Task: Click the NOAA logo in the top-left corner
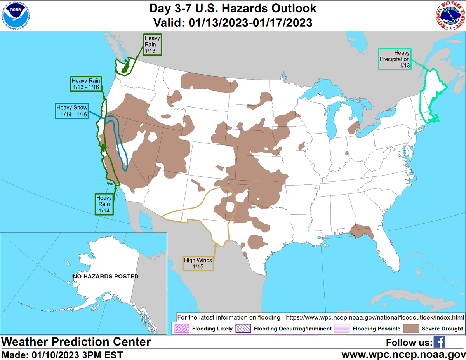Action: pos(16,16)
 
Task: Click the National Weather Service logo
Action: pos(449,16)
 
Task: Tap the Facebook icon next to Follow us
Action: pos(439,342)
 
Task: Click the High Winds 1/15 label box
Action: pos(198,263)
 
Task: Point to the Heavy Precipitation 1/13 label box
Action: pos(395,59)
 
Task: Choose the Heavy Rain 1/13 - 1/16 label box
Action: pos(86,84)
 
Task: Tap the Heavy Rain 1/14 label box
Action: pos(104,204)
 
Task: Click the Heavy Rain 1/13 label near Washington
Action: pos(152,44)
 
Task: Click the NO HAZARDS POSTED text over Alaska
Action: pos(106,277)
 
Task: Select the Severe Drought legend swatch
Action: pos(411,329)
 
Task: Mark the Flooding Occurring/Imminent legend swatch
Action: pos(243,329)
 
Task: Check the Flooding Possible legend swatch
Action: pos(342,329)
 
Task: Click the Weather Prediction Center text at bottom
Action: pos(76,342)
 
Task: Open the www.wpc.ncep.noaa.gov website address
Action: pos(403,355)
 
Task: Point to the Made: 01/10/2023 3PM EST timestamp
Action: pos(62,355)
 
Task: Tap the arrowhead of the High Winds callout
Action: pos(215,245)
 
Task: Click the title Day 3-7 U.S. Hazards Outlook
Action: pos(233,8)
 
